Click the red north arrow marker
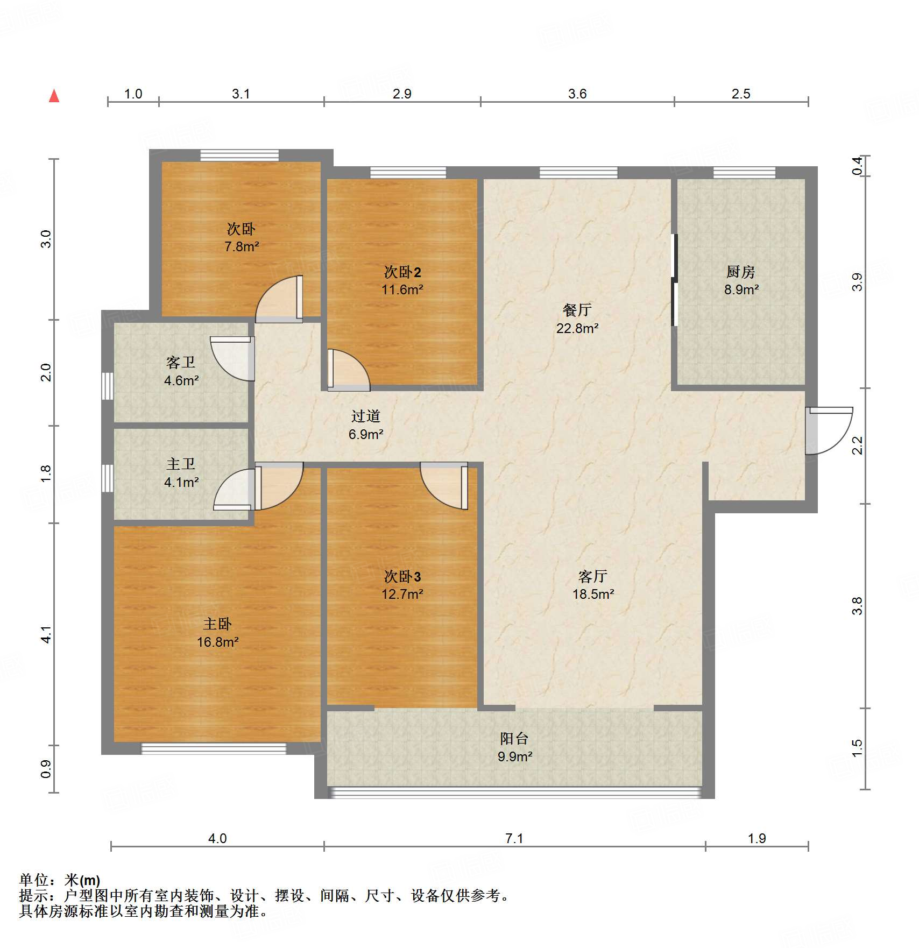(54, 96)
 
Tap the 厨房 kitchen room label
(741, 272)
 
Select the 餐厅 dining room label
(577, 310)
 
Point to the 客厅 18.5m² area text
(593, 594)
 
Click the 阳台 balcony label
(514, 738)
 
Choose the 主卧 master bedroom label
(217, 624)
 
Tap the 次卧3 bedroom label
(402, 576)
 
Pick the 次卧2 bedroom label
(402, 272)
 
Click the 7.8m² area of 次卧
(242, 246)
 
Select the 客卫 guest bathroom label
(181, 362)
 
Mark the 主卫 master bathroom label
(181, 464)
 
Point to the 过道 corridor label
(366, 416)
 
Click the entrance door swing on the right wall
(829, 431)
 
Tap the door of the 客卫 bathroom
(232, 359)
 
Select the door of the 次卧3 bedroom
(444, 486)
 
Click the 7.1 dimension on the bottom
(514, 838)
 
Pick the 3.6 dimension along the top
(577, 94)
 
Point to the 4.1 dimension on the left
(46, 634)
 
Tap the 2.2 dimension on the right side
(857, 445)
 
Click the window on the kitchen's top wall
(745, 172)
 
